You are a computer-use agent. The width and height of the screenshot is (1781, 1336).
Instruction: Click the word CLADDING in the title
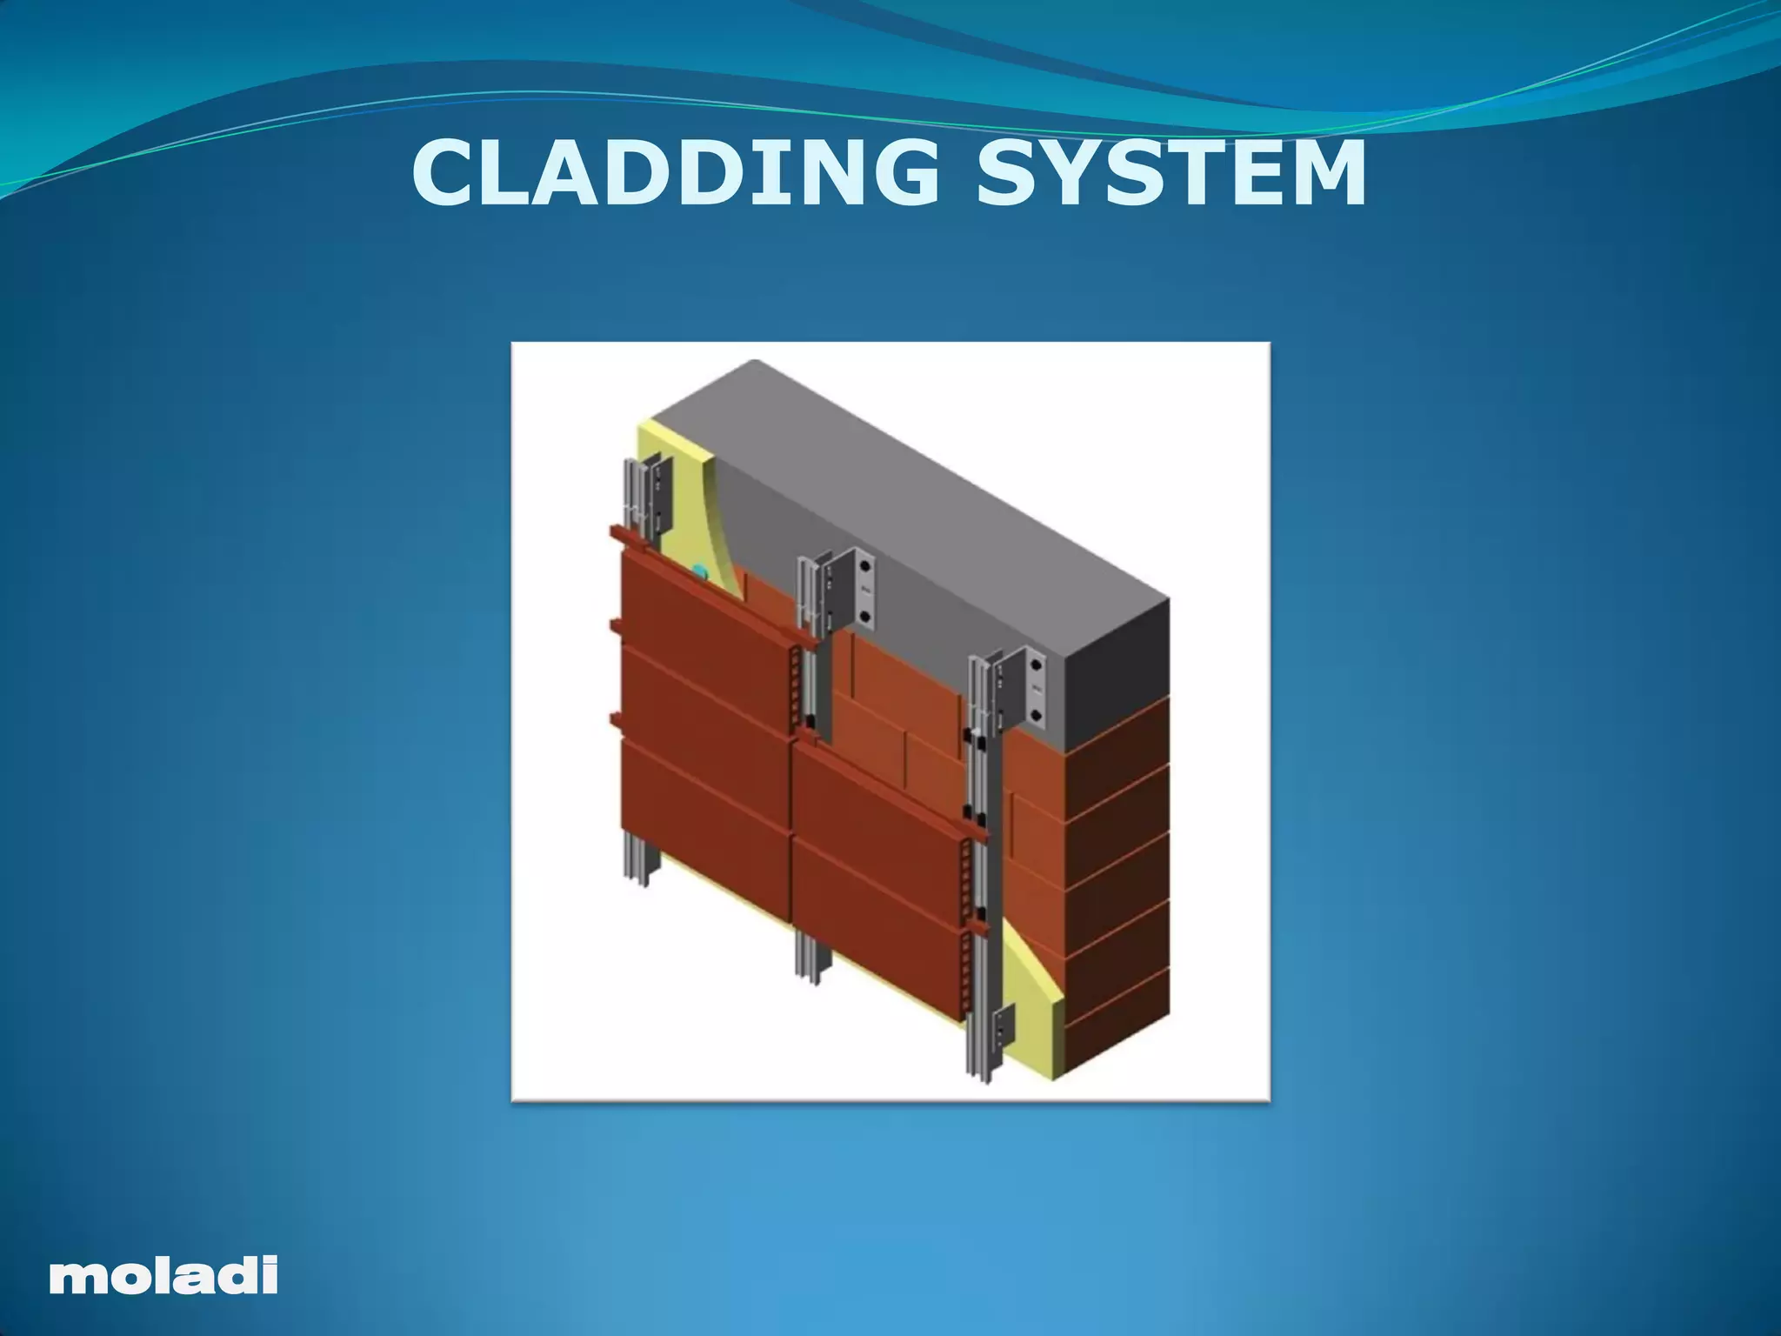click(675, 173)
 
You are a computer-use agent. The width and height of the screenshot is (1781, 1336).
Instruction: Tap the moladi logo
click(163, 1274)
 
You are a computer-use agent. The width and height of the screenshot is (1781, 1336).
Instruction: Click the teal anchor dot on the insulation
click(698, 571)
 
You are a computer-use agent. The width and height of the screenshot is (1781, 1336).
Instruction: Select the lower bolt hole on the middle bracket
click(864, 616)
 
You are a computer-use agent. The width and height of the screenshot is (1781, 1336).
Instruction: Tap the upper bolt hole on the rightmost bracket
click(1036, 667)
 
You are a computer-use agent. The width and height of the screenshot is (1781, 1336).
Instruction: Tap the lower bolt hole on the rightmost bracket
click(1036, 717)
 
